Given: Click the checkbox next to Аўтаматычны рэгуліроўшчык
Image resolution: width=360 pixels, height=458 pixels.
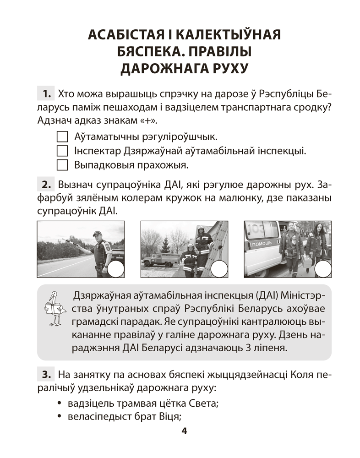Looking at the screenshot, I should [x=61, y=136].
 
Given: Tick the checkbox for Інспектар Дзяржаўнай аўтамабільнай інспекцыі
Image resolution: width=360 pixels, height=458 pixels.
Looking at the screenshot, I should [x=61, y=150].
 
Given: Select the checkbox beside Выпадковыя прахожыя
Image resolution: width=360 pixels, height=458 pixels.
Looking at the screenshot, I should [x=61, y=164].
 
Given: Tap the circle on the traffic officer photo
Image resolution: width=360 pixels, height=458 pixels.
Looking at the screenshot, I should [x=115, y=269].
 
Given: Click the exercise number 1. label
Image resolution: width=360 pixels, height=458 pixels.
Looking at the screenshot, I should [x=46, y=95].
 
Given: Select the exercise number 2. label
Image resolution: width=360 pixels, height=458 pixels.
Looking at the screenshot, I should [x=46, y=185].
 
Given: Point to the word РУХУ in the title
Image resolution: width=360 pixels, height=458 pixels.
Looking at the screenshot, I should [x=224, y=69].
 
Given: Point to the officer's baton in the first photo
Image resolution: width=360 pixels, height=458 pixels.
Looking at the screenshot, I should [x=74, y=241].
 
